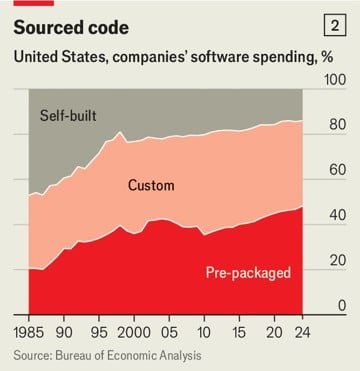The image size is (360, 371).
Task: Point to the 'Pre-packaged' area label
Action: pos(248,273)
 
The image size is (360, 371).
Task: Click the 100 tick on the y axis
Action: pos(331,94)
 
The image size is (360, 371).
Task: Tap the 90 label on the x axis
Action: pos(68,330)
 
